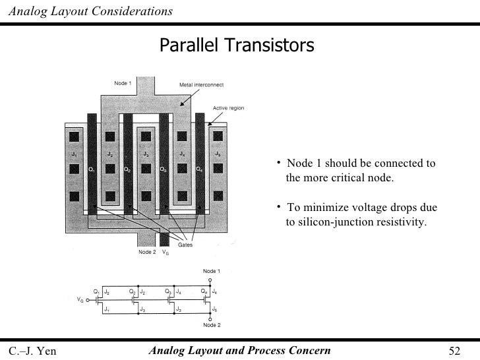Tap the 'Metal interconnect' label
coord(202,85)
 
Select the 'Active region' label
coord(228,107)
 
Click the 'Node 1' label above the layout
coord(123,83)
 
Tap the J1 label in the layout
coord(75,154)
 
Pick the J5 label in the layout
coord(218,154)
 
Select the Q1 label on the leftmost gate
coord(92,169)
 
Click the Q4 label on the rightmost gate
coord(199,169)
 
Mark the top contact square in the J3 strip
coord(146,138)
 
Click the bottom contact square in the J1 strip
coord(75,196)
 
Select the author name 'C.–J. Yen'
coord(32,349)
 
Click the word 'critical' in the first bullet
coord(365,179)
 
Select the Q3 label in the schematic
coord(169,291)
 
